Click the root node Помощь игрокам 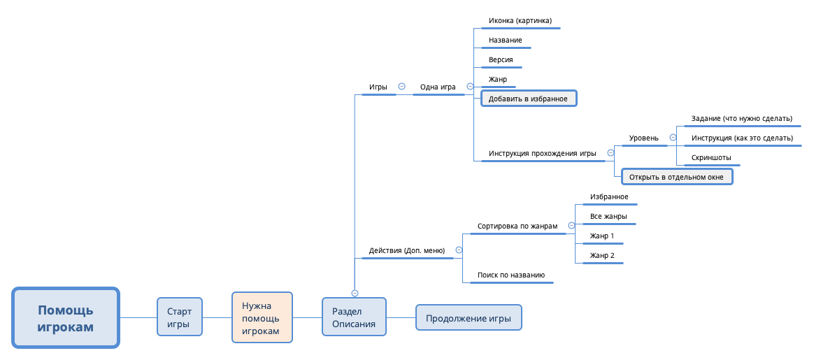click(x=66, y=317)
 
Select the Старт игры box click(x=180, y=317)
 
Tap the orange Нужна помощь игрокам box click(x=262, y=318)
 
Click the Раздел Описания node click(x=354, y=318)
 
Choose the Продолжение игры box click(x=469, y=318)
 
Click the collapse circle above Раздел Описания click(x=355, y=293)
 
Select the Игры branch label click(x=378, y=87)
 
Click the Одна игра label click(x=438, y=87)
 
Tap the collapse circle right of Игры click(x=401, y=87)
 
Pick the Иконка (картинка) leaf click(x=520, y=21)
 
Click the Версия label click(x=501, y=59)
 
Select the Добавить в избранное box click(x=528, y=99)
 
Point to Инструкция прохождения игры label click(x=542, y=153)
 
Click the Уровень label click(x=643, y=138)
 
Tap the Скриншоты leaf click(x=711, y=157)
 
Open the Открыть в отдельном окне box click(x=676, y=177)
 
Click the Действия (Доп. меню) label click(x=407, y=250)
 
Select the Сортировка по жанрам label click(x=517, y=226)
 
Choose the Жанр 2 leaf click(x=602, y=255)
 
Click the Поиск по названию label click(x=510, y=275)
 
